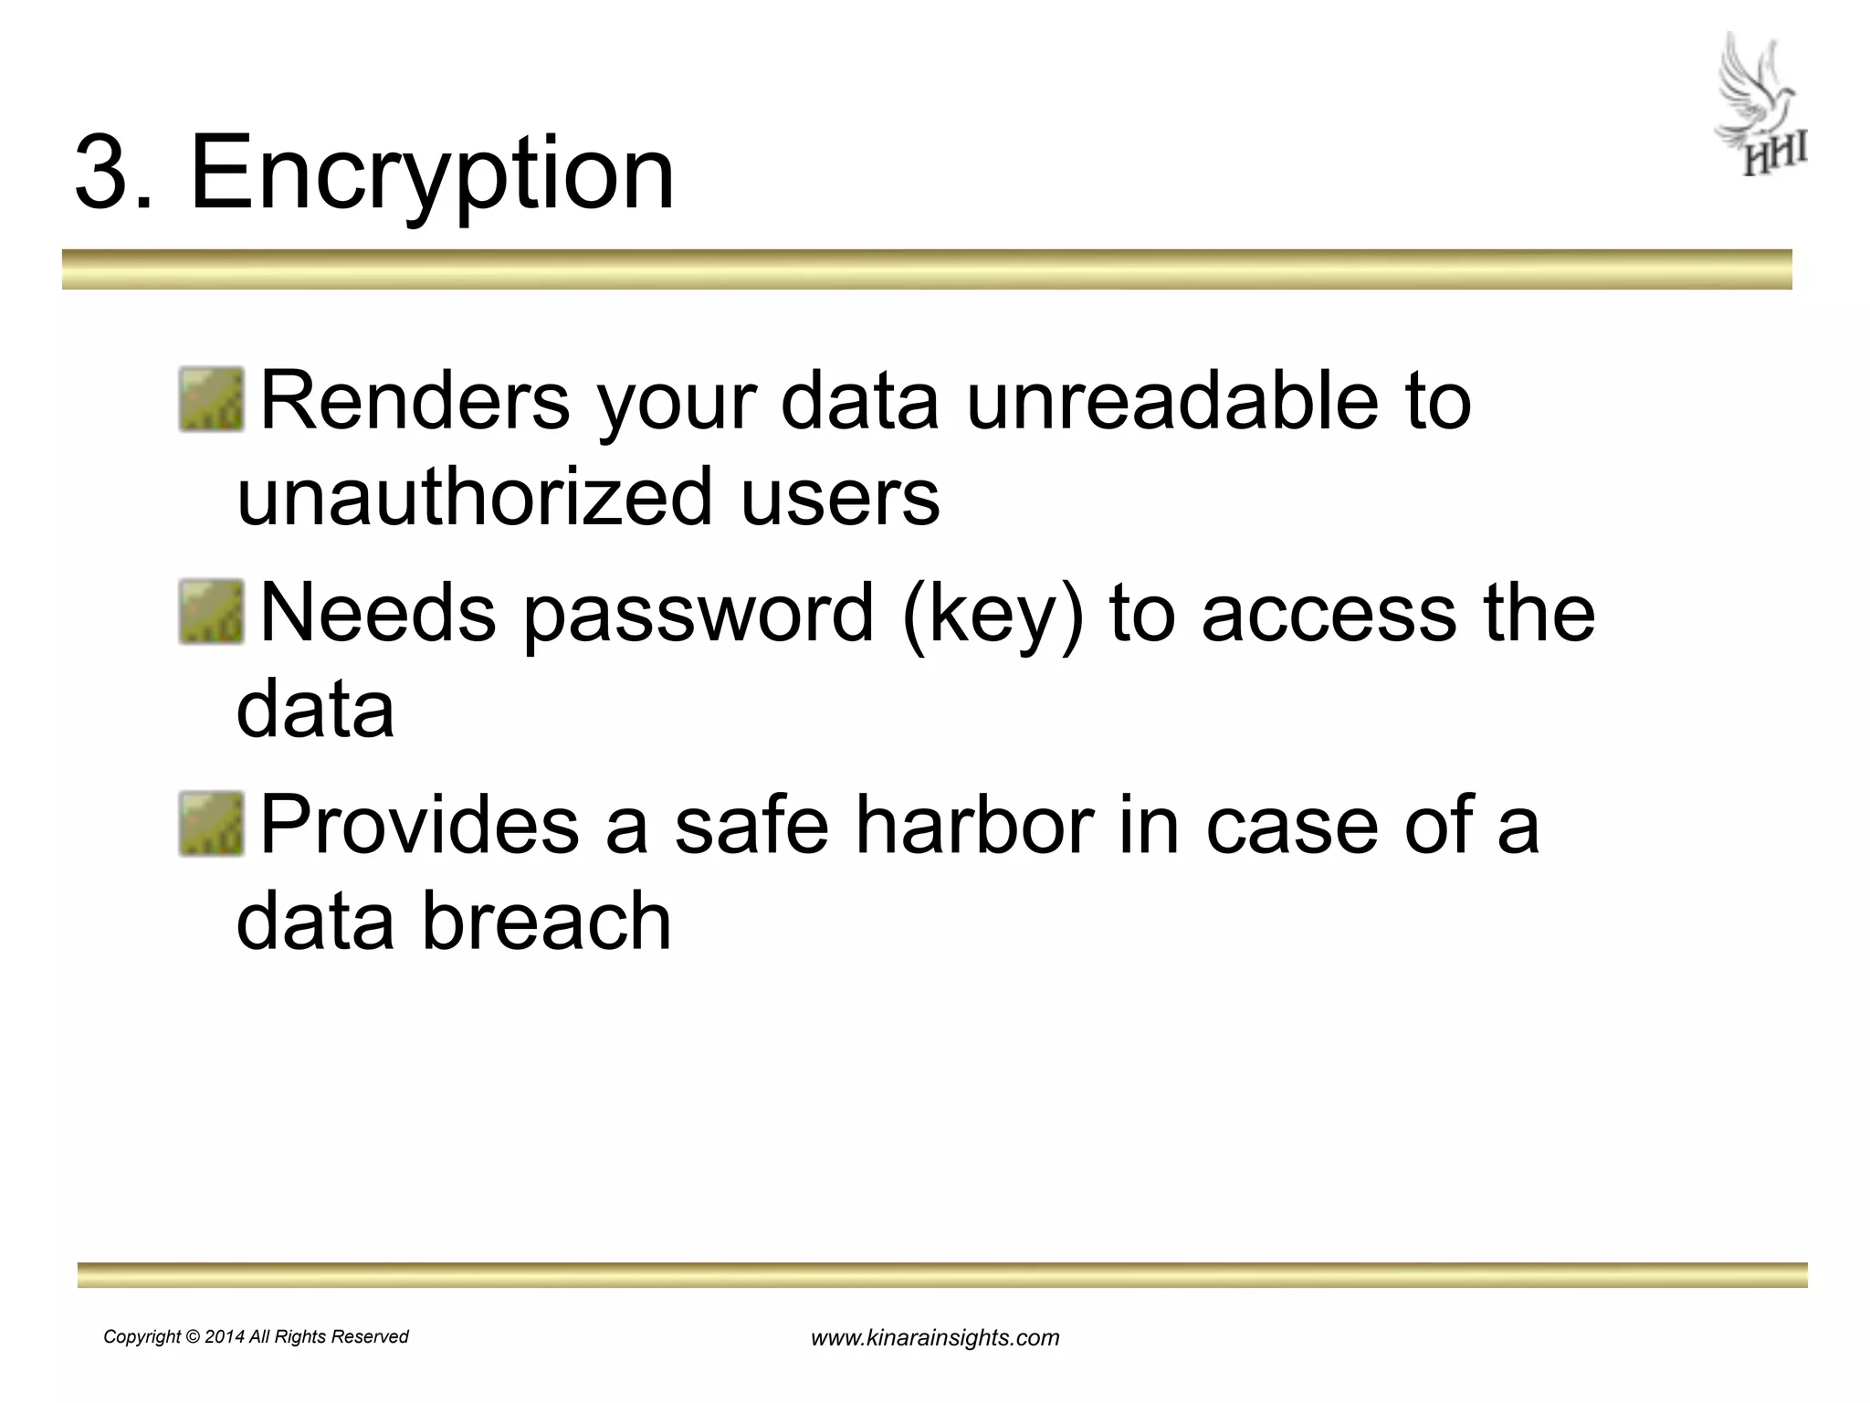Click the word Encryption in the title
[432, 174]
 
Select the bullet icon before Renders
[212, 399]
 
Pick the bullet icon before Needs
[212, 611]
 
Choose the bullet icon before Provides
[212, 823]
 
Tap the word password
[699, 613]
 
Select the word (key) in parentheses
[993, 613]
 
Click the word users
[839, 498]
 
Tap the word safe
[751, 825]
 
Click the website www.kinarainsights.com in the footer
[935, 1338]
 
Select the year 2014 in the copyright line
[225, 1337]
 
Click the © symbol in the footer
[193, 1337]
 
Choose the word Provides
[419, 825]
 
